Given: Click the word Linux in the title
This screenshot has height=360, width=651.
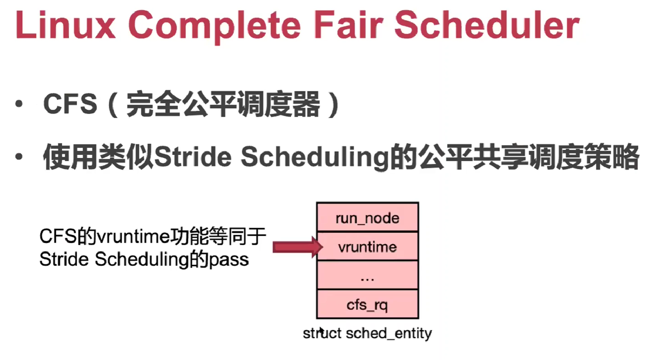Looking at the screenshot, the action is pyautogui.click(x=65, y=26).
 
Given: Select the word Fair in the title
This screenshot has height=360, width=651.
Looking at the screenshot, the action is pyautogui.click(x=349, y=26).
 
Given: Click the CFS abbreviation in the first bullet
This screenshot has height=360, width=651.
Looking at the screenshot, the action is pyautogui.click(x=70, y=104).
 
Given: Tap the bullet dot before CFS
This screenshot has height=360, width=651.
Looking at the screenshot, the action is pyautogui.click(x=19, y=104).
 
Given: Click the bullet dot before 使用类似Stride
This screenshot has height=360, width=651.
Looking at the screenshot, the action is pyautogui.click(x=19, y=157).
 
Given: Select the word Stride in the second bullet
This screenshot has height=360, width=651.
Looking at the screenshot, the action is pyautogui.click(x=192, y=157).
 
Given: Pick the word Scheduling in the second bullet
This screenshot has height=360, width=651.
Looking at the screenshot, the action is pyautogui.click(x=315, y=157).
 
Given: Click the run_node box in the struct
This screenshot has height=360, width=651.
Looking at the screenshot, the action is pyautogui.click(x=367, y=217).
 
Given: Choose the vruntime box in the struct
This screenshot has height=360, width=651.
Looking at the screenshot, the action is pyautogui.click(x=367, y=246).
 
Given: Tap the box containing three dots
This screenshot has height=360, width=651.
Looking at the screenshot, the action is pyautogui.click(x=367, y=275).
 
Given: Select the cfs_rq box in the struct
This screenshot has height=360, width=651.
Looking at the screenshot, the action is pyautogui.click(x=367, y=304).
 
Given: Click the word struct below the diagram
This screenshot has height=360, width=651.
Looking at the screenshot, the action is pyautogui.click(x=322, y=333).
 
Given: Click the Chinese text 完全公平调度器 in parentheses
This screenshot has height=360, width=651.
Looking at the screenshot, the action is pyautogui.click(x=223, y=104).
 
